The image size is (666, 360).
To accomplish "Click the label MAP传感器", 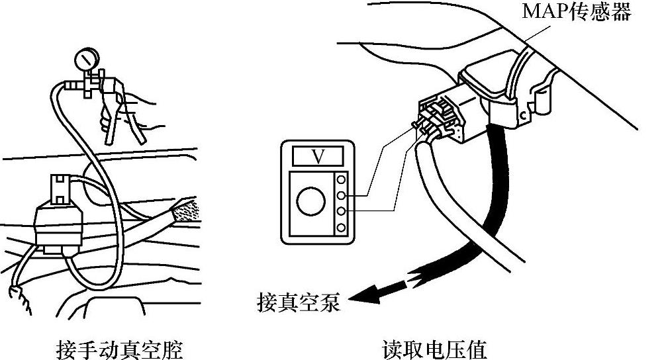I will [x=577, y=12].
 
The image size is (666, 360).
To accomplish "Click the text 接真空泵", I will [x=297, y=302].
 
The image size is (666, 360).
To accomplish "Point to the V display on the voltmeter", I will [x=318, y=156].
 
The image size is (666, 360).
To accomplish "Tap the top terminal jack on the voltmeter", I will [x=342, y=179].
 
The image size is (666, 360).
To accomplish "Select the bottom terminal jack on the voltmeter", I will [x=342, y=228].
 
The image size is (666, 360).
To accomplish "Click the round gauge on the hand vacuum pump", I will [x=84, y=63].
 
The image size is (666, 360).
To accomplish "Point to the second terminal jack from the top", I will [x=342, y=195].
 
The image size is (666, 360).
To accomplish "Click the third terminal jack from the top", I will [x=342, y=212].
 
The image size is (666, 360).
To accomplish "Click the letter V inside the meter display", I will [x=318, y=156].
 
